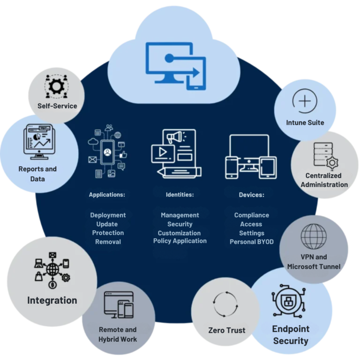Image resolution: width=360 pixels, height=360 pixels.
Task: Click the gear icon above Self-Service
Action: click(x=57, y=86)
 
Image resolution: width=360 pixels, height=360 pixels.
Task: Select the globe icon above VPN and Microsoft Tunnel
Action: click(x=314, y=237)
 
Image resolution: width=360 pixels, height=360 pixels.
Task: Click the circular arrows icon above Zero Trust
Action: click(x=226, y=304)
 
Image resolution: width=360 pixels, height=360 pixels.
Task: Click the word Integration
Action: click(x=52, y=300)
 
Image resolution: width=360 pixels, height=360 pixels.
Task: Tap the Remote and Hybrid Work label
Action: click(x=118, y=334)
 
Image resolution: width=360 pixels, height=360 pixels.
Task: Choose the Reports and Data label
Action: click(x=37, y=173)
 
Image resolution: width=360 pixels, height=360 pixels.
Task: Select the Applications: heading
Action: click(x=107, y=194)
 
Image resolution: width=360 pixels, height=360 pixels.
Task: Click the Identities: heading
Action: click(x=180, y=194)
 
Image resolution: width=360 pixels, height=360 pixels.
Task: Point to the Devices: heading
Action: click(x=251, y=194)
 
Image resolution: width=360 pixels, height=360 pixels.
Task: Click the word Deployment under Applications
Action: click(x=108, y=215)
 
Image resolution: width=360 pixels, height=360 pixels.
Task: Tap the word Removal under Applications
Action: click(x=108, y=242)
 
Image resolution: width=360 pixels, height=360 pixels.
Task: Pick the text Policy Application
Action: click(x=180, y=241)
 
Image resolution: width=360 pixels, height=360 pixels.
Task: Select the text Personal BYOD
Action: click(x=251, y=242)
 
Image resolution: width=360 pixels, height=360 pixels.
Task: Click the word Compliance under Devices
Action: click(x=251, y=215)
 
